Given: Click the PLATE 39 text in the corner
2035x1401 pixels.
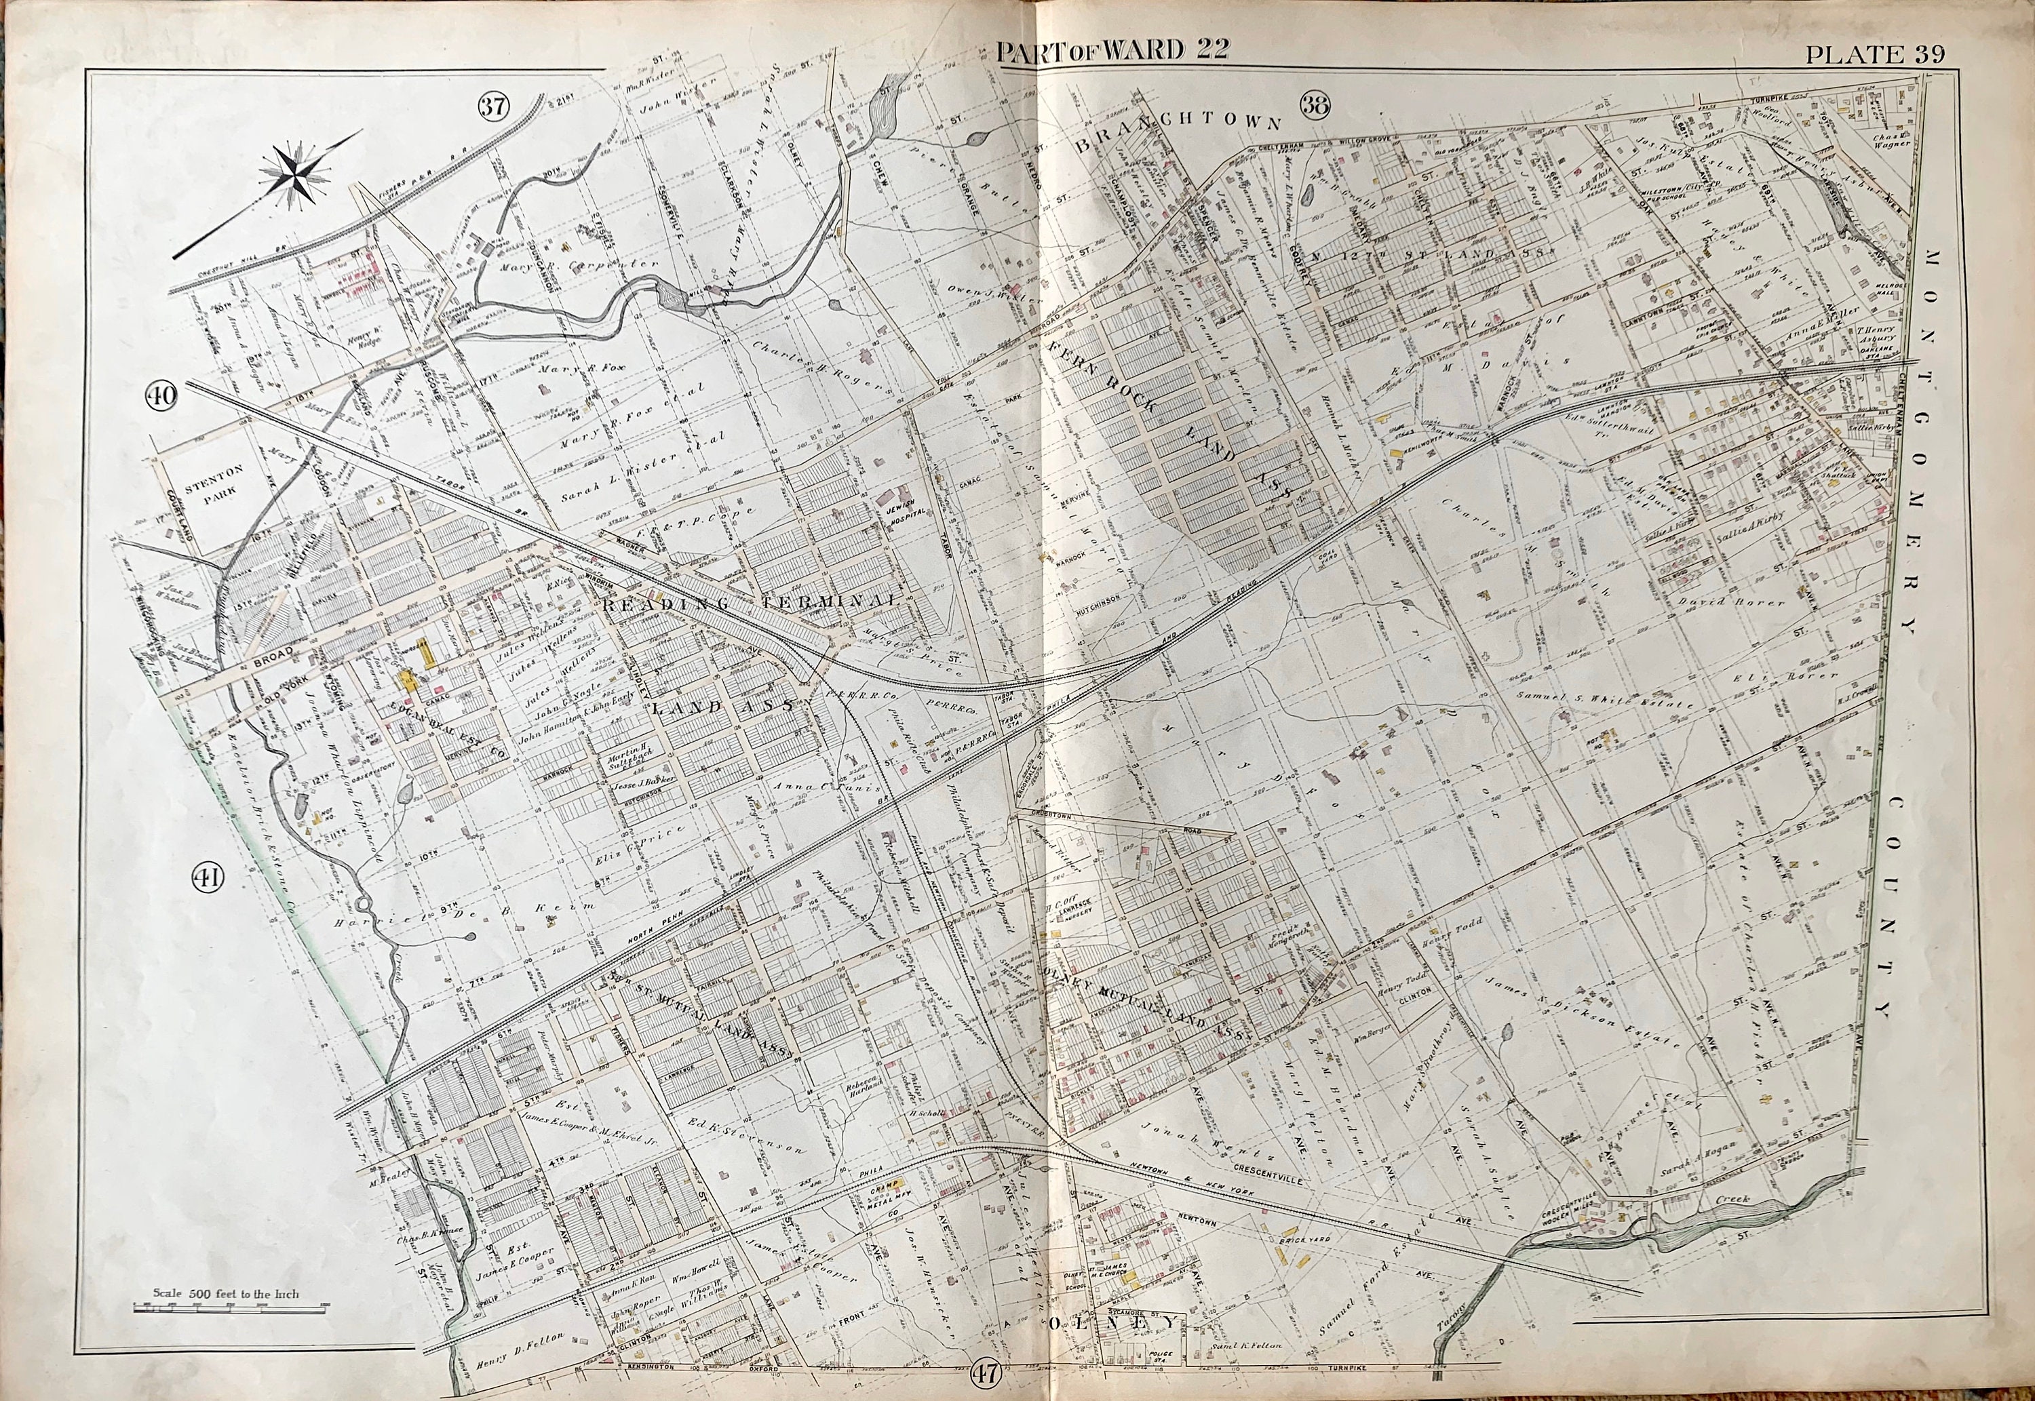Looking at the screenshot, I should (1874, 54).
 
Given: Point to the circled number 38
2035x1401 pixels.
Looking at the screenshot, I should (1317, 105).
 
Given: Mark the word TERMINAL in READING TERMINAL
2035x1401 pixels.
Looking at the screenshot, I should (836, 600).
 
